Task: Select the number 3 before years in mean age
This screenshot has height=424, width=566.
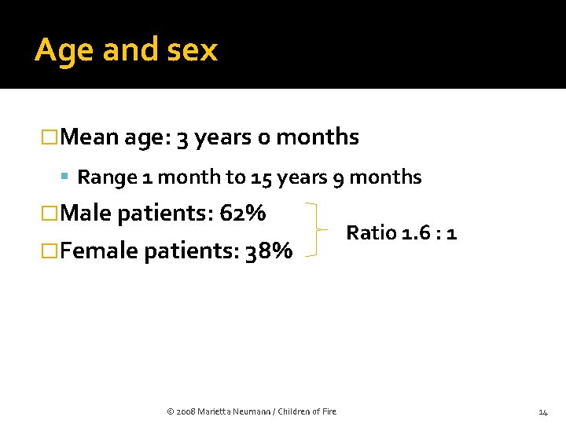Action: tap(182, 138)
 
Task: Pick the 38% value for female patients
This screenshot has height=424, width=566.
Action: tap(269, 250)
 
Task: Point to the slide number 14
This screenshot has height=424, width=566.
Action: tap(543, 411)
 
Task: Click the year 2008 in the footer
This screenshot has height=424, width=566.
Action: tap(187, 411)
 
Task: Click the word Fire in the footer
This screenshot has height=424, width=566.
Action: tap(329, 411)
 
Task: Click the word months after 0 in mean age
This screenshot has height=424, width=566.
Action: tap(318, 137)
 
